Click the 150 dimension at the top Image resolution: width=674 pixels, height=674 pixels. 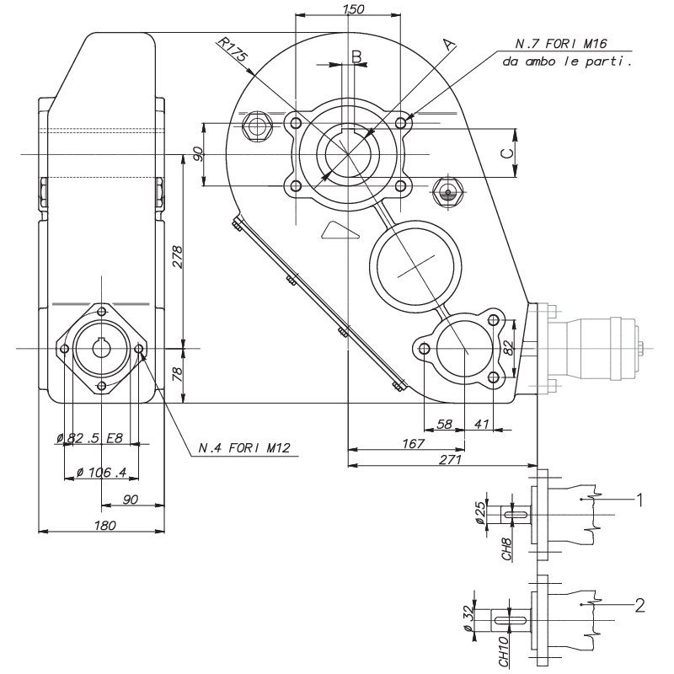pos(354,9)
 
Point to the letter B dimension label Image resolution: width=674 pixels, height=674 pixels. pos(356,56)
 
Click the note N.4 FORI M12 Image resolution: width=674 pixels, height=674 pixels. pos(244,447)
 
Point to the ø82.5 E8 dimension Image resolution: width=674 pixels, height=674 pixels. pos(90,437)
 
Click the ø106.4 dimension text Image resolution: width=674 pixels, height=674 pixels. pos(101,472)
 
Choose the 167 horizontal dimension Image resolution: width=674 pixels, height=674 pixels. pos(412,443)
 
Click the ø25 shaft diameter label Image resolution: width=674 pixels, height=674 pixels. pos(480,512)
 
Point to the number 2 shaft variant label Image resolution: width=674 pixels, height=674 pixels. pos(640,605)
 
